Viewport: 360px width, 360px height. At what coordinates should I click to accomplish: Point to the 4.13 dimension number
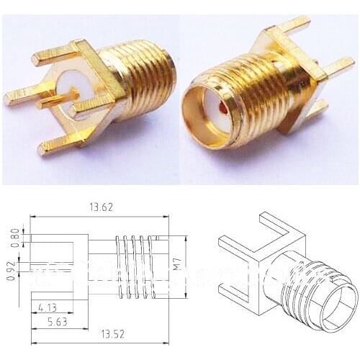coord(48,308)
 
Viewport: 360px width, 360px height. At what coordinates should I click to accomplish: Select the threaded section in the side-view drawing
coord(137,266)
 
